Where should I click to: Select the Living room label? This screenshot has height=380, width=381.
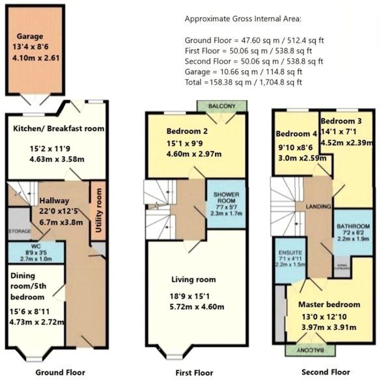(193, 280)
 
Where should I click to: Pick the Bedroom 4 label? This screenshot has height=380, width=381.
(296, 134)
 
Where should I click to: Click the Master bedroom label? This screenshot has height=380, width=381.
(329, 305)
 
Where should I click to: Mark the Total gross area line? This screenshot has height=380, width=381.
(244, 83)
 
